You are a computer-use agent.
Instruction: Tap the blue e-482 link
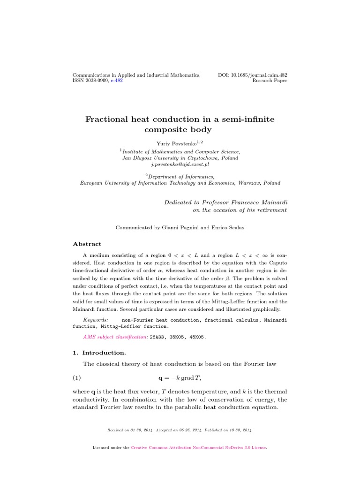tap(117, 81)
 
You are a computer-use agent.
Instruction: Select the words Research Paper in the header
tap(270, 81)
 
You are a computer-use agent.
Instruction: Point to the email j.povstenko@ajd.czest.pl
tap(180, 165)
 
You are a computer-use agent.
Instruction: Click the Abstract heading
tap(87, 244)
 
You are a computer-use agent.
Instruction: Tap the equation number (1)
tap(77, 378)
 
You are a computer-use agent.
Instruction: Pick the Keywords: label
tap(95, 320)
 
